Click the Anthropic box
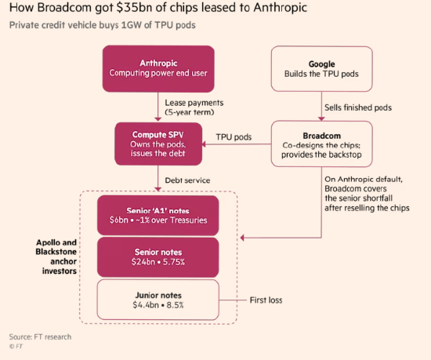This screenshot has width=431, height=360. point(158,69)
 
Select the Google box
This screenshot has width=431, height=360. point(321,69)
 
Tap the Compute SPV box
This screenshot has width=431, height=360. point(158,144)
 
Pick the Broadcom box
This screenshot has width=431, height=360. point(321,144)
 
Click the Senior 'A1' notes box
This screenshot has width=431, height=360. point(158,216)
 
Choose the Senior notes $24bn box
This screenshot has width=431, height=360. point(158,257)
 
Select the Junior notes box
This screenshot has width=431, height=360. point(158,300)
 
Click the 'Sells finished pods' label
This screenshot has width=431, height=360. point(358,107)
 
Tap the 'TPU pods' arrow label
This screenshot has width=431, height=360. point(234,137)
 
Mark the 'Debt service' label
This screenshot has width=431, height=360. point(187,180)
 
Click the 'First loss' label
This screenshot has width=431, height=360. point(266,300)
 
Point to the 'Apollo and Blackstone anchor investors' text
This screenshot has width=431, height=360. point(56,256)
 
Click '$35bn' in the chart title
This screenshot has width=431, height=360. point(134,7)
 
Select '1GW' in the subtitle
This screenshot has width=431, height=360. point(131,25)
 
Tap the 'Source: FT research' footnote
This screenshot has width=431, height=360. point(40,337)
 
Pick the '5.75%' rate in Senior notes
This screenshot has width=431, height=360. point(174,262)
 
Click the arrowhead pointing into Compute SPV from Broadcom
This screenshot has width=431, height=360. point(204,144)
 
